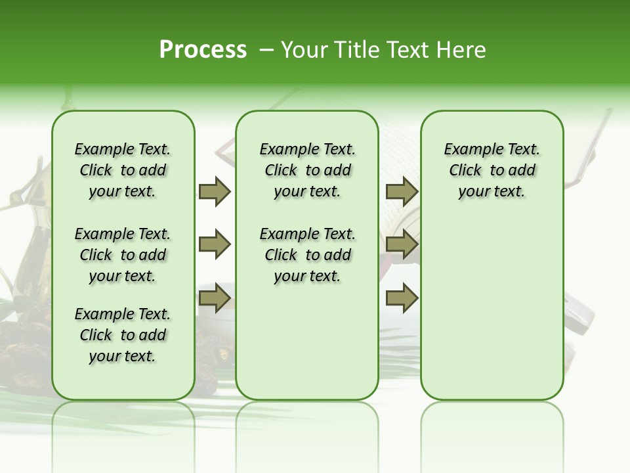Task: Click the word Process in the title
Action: point(203,49)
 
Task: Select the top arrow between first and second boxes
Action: point(215,192)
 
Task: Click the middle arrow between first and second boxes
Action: point(215,245)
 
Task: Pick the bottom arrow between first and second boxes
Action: point(215,298)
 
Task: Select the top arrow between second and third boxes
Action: point(402,192)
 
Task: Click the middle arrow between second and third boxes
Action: point(402,245)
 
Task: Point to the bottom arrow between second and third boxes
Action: point(402,298)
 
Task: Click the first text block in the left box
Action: point(123,170)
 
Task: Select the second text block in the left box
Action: point(123,255)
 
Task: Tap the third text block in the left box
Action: point(123,335)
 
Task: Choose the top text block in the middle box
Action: point(307,170)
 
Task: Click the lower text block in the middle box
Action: point(307,255)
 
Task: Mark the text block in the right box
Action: point(492,170)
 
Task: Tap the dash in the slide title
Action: point(266,49)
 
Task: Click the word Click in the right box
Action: point(465,171)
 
